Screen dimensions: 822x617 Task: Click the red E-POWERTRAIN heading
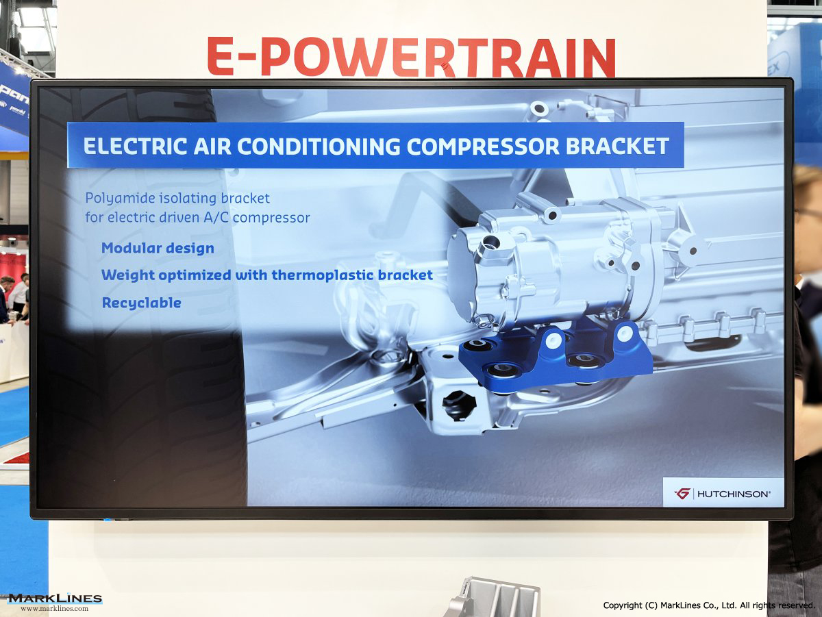(411, 57)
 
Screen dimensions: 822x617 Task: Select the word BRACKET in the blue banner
(617, 146)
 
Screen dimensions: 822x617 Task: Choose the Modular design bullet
(158, 248)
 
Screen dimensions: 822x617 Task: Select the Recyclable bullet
(142, 303)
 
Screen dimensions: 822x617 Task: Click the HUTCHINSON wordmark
(734, 494)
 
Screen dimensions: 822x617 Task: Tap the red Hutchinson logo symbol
(682, 494)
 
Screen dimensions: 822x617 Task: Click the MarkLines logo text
(55, 599)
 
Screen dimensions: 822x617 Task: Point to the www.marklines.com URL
(55, 608)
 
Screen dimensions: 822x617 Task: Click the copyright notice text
(708, 605)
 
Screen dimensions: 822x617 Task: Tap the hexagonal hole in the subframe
(459, 405)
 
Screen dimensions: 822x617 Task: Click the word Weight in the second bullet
(128, 275)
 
